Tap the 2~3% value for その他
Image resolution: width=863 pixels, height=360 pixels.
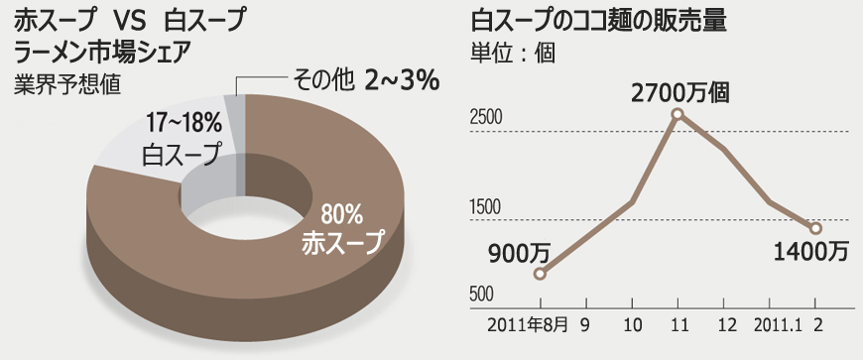402,79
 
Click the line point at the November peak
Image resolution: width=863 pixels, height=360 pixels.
678,114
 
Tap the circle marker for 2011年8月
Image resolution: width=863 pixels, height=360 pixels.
540,274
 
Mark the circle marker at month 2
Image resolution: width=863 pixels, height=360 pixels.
815,228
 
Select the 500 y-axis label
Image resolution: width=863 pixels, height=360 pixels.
481,295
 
